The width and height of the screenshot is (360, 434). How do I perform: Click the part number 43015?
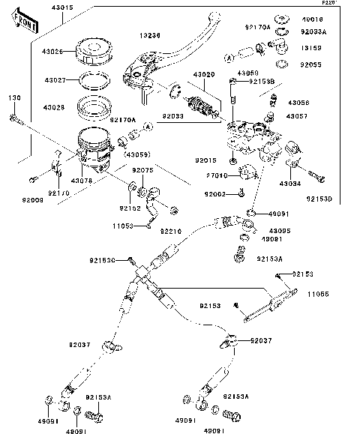(x=62, y=7)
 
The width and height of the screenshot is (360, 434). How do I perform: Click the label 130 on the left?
(x=14, y=99)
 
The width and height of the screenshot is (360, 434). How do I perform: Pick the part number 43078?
(x=82, y=181)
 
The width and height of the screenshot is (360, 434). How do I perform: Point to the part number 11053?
(x=124, y=225)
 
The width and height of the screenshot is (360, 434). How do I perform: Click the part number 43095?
(x=280, y=230)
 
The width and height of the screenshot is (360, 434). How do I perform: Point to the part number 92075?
(x=143, y=171)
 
